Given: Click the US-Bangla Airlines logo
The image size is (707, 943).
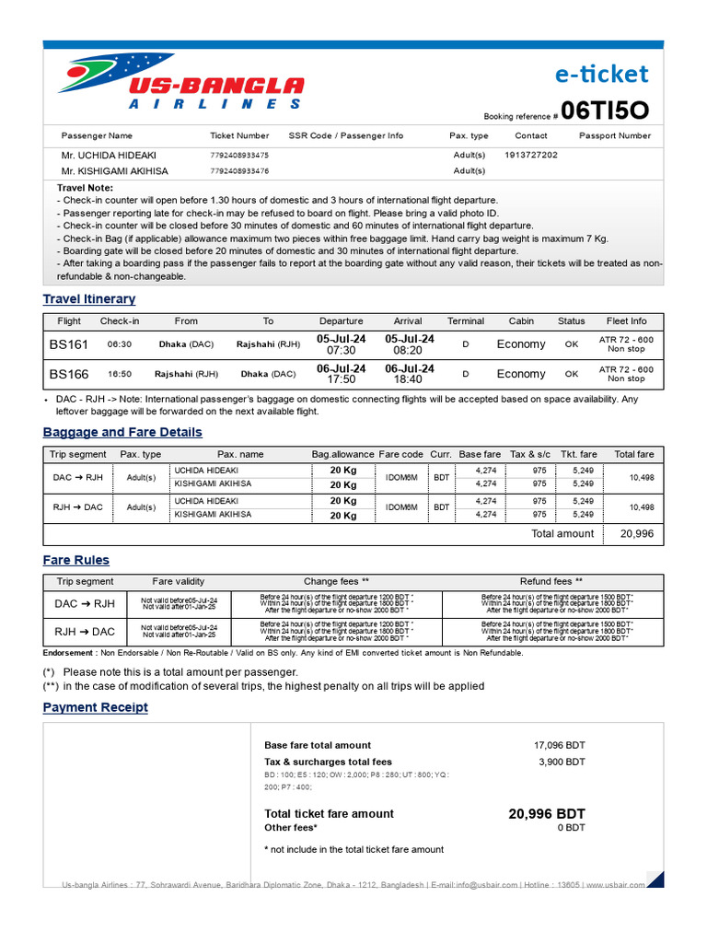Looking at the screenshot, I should coord(180,84).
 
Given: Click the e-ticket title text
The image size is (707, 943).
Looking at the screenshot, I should coord(603,74).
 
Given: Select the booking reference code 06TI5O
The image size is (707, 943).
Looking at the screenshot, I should coord(605,111).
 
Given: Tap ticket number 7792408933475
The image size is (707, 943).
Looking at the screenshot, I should coord(239,156).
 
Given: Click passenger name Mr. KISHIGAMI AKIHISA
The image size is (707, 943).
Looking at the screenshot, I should coord(115,170).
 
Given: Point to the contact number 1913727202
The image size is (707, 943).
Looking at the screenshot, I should coord(531,156).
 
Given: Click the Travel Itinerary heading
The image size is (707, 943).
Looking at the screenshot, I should coord(89,299).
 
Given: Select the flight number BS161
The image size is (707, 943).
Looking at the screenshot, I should coord(69,344).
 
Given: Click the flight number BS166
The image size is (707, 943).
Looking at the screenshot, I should coord(69,374).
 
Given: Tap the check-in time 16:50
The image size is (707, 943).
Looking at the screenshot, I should coord(120,375).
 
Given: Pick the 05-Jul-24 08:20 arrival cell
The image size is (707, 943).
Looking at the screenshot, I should coord(408,344).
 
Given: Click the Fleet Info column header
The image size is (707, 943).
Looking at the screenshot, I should coord(626,321).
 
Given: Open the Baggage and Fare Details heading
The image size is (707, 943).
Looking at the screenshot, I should coord(122,433).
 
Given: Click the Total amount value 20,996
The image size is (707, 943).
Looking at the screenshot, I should coord(637,534).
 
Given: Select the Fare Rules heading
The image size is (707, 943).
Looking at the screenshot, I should coord(76,561).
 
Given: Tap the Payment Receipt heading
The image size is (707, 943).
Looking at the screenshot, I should coord(96,707).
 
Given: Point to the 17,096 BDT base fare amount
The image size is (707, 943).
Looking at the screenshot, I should coord(559,745).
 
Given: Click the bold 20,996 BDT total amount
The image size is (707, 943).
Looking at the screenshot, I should coord(546,814).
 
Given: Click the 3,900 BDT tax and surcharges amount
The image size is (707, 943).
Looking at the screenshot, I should coord(562,762).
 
